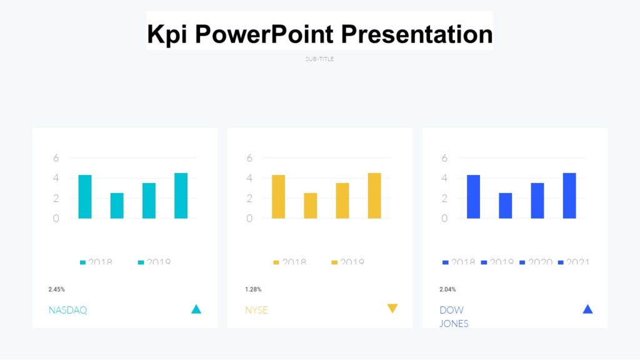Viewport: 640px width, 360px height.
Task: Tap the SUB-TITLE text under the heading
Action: (x=320, y=59)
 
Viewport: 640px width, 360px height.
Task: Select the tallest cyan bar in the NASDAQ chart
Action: (x=181, y=196)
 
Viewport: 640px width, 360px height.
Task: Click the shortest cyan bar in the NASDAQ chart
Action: (x=117, y=206)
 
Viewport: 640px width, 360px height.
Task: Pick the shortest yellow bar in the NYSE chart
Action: (x=311, y=206)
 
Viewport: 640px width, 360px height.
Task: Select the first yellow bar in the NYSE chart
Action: (x=278, y=197)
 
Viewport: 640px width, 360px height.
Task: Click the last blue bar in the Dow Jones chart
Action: (x=569, y=196)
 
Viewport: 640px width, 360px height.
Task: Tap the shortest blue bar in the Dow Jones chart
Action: (x=506, y=206)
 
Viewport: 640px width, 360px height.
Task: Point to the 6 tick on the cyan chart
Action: (x=56, y=158)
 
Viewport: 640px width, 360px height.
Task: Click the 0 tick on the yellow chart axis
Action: (x=249, y=219)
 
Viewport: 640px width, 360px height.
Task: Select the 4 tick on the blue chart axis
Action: (x=444, y=178)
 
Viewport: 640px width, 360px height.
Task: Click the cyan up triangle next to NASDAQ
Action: (x=196, y=309)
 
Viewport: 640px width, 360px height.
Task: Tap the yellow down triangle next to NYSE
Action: (x=392, y=308)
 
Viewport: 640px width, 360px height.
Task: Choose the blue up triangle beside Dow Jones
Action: (x=587, y=309)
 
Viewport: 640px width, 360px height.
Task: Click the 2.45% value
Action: (x=57, y=289)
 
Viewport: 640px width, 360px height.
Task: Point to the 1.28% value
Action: (x=253, y=289)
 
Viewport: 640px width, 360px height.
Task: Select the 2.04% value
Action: (x=447, y=289)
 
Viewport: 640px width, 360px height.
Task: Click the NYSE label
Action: (x=256, y=310)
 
